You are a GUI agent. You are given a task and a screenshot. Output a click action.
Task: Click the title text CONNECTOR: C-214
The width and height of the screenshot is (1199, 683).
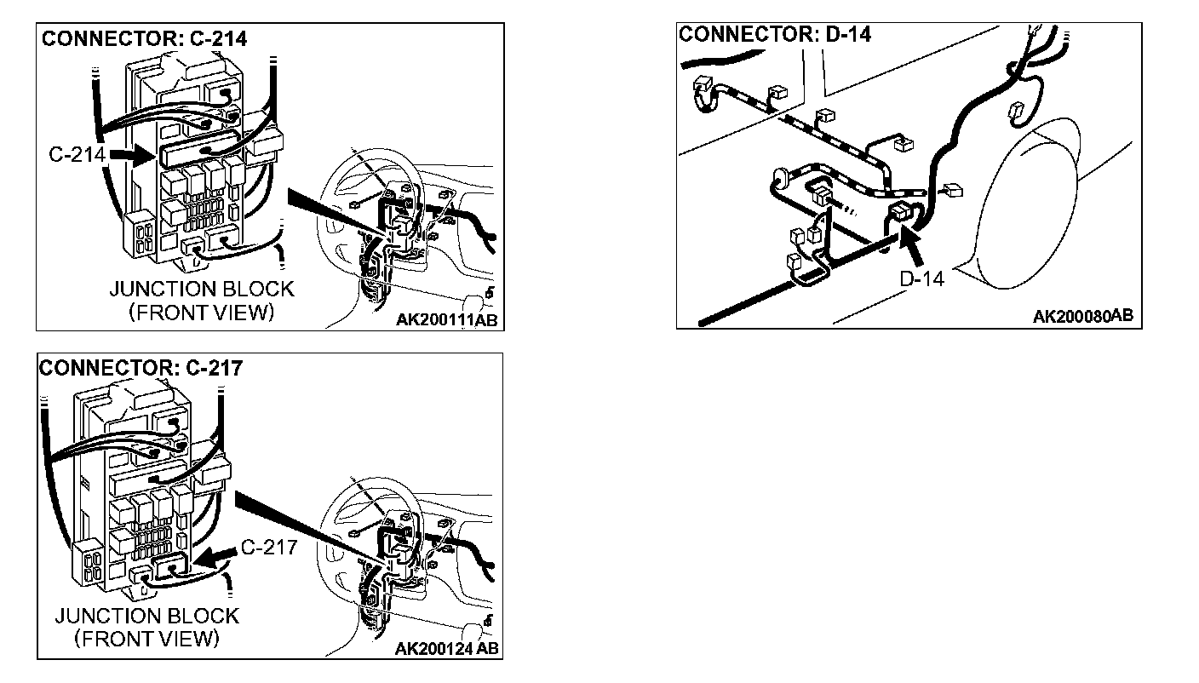(x=145, y=38)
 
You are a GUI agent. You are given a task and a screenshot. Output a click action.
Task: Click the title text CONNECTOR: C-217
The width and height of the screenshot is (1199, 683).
(x=141, y=368)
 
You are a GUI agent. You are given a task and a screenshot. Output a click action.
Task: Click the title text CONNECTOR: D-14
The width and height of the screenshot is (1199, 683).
(x=775, y=35)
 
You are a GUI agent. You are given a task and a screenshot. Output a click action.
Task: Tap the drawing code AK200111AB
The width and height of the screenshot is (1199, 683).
(x=446, y=320)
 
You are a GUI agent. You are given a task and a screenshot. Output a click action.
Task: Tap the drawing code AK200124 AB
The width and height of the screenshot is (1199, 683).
(x=447, y=649)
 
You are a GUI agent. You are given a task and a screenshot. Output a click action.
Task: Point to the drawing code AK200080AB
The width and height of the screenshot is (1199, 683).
(x=1082, y=317)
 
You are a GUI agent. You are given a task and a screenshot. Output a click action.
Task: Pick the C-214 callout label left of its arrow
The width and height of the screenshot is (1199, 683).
(x=77, y=155)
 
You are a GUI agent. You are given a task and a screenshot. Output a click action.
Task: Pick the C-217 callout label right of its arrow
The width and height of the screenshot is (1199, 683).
(x=269, y=546)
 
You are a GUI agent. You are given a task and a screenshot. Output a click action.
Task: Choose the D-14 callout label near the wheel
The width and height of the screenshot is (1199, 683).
(x=921, y=278)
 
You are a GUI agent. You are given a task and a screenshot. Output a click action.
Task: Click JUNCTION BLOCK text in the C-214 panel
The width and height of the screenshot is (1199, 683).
(x=201, y=289)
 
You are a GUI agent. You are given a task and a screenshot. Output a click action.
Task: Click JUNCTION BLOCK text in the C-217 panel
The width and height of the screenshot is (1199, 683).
(x=146, y=615)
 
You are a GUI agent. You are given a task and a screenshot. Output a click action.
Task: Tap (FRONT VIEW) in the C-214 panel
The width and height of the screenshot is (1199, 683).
(x=201, y=313)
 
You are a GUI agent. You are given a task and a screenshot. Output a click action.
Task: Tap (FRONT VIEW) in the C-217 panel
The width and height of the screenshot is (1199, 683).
(x=146, y=638)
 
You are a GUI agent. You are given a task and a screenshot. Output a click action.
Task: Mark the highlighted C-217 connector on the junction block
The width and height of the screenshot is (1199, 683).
(x=175, y=565)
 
